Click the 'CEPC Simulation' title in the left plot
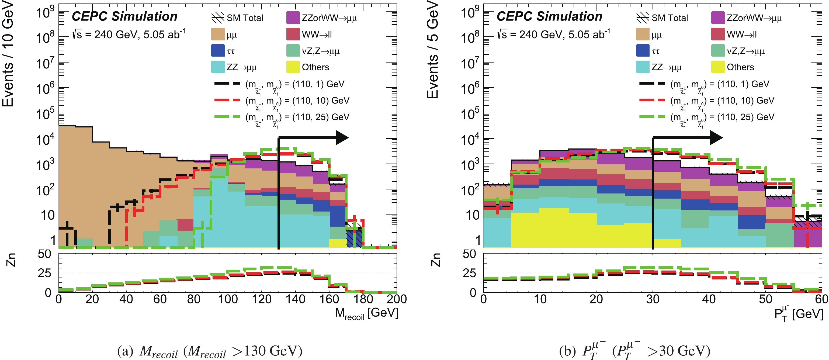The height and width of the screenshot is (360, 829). [124, 16]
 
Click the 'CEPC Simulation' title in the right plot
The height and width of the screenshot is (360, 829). [549, 16]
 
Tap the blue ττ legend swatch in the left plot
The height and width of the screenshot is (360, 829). [217, 51]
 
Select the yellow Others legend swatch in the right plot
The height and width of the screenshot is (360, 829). [718, 67]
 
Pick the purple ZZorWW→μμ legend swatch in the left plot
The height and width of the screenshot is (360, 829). [293, 18]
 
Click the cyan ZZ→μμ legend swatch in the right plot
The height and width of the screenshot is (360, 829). [642, 67]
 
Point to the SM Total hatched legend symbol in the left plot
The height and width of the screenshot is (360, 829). [217, 18]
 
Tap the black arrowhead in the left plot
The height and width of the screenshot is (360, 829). [342, 138]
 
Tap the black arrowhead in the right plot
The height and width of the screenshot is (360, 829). [716, 138]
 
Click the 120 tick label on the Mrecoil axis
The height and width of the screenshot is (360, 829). [262, 299]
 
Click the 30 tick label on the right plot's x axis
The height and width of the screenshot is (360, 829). [653, 299]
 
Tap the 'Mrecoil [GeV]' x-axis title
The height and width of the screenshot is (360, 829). [367, 313]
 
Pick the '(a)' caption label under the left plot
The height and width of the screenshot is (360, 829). [125, 351]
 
